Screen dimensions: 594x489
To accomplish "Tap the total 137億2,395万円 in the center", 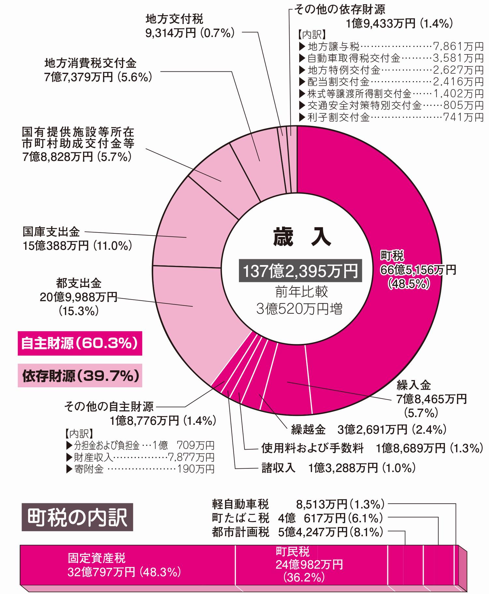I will coord(300,271).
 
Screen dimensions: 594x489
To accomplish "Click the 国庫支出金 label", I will coord(51,232).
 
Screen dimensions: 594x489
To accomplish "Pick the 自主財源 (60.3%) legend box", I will coord(80,343).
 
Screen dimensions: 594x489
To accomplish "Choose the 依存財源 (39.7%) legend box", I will coord(80,376).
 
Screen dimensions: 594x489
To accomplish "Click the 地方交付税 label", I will coord(174,19).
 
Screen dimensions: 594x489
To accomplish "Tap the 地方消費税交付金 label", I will coord(90,63).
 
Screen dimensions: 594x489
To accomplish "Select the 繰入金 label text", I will coord(414,385).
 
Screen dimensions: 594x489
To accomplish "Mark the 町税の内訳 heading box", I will coord(77,517).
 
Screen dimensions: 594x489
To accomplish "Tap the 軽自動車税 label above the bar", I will coord(240,504).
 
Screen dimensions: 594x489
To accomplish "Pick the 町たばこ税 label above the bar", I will coord(240,518).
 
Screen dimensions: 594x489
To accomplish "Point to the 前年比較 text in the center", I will coord(301,291).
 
